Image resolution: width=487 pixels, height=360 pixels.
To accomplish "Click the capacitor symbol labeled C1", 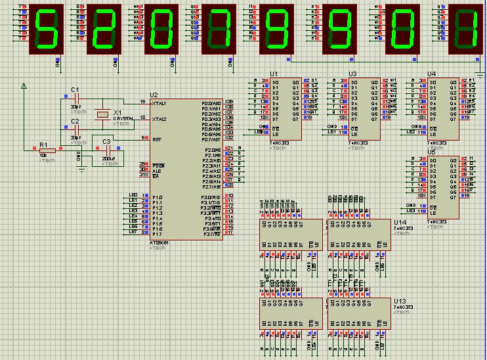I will [x=76, y=97].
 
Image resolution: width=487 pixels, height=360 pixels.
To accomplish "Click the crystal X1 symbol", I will [x=102, y=114].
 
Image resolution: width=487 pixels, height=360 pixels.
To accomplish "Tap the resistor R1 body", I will [x=48, y=148].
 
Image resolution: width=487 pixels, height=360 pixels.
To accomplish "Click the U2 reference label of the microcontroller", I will [x=154, y=95].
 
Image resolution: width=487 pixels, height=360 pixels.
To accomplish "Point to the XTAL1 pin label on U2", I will [x=159, y=103].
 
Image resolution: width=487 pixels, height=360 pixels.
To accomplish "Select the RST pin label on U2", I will [x=156, y=139].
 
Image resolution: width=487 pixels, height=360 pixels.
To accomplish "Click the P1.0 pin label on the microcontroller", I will [x=158, y=197].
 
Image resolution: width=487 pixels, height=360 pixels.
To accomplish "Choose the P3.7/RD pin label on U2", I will [x=211, y=234].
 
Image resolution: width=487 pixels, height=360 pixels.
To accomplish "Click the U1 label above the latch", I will [x=274, y=73].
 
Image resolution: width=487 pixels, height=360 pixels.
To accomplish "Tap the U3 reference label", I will [x=352, y=74].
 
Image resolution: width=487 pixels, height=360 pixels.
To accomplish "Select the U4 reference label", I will [x=431, y=74].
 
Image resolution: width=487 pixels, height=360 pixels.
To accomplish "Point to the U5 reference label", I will [x=431, y=152].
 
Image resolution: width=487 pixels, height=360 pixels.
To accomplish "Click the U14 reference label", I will [x=400, y=223].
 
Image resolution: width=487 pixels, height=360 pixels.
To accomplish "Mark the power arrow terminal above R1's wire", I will [x=24, y=85].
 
